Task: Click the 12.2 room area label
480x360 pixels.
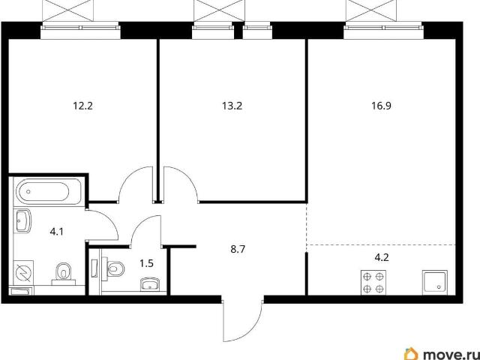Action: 82,106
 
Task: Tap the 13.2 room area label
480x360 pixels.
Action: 232,106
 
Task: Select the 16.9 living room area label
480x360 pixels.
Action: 382,106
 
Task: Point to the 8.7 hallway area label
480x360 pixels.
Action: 238,250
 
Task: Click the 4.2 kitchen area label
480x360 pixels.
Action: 382,257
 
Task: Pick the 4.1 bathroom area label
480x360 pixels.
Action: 57,232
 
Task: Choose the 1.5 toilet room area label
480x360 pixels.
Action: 147,263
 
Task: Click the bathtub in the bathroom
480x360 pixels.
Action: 49,192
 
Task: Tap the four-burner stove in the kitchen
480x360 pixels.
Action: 373,283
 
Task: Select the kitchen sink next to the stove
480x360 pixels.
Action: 435,283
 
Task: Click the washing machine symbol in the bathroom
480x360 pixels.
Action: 23,271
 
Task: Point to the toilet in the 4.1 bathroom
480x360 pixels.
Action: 64,273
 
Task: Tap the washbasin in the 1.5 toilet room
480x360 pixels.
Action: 150,284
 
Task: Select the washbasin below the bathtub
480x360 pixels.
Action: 23,220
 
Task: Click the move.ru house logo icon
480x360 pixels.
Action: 411,354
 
